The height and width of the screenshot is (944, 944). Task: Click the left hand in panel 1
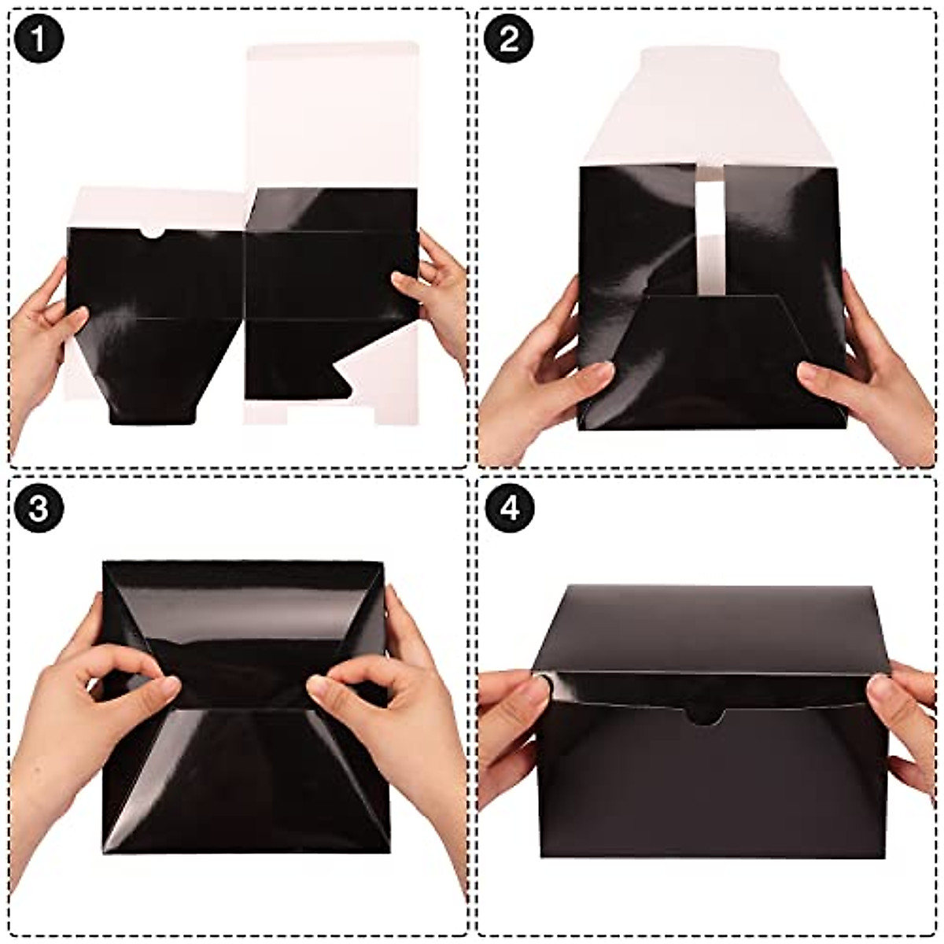[39, 338]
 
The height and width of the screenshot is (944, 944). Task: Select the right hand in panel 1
[437, 291]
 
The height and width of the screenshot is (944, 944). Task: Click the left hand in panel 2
[543, 378]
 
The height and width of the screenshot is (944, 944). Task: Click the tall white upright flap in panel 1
[332, 118]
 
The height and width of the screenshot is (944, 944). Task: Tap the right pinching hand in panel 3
[393, 708]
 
